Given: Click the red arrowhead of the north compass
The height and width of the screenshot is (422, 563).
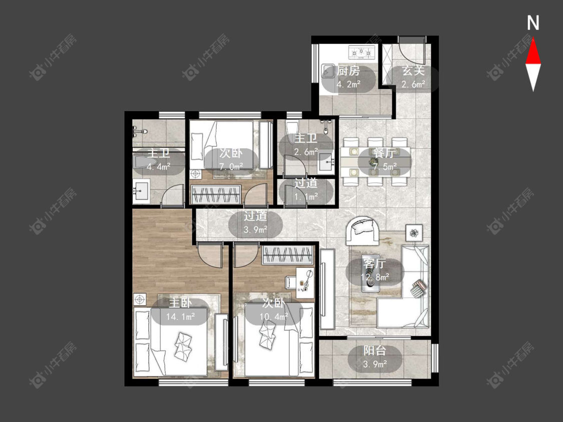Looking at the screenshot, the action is [533, 51].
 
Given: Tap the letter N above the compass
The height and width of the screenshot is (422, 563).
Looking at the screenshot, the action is [533, 23].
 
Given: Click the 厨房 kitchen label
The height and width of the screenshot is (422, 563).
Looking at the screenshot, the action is [348, 70].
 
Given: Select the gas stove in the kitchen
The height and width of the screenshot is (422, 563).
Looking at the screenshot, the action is [362, 52].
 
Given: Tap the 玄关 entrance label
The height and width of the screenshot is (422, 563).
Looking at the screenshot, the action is [413, 70].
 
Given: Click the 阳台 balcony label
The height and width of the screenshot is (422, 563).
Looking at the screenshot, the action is [374, 350].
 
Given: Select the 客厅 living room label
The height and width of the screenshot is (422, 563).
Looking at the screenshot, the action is [374, 264].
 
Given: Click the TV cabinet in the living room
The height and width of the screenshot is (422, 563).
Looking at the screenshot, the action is [327, 289].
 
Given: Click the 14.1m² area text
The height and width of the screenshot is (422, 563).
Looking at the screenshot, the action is [180, 316].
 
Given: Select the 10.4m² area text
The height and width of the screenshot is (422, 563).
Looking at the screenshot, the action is [274, 316].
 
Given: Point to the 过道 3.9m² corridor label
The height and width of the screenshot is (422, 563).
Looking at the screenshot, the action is [255, 222].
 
